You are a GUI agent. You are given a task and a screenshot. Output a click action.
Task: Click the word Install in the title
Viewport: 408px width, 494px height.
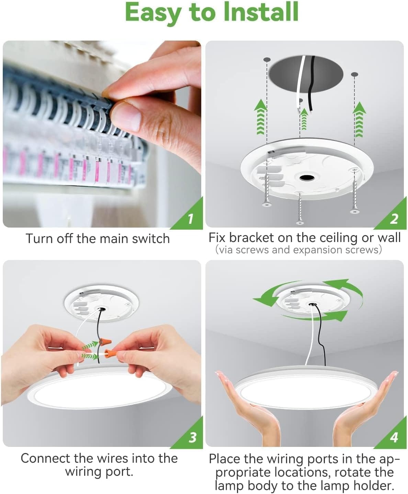(x=261, y=12)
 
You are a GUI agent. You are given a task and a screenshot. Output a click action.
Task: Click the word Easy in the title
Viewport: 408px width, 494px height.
(x=152, y=12)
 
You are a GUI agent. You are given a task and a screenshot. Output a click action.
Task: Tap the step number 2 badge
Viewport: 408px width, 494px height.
(x=394, y=218)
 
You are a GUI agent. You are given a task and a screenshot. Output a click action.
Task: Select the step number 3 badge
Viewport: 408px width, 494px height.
(x=192, y=437)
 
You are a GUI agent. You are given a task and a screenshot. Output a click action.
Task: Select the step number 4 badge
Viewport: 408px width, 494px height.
(x=394, y=437)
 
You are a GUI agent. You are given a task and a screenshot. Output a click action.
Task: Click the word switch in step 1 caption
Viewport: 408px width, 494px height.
(x=151, y=239)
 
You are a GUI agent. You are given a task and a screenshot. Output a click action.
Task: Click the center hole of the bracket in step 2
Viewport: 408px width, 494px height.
(x=305, y=178)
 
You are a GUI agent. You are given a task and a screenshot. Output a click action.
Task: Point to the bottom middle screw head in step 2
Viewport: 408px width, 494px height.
(x=300, y=223)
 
